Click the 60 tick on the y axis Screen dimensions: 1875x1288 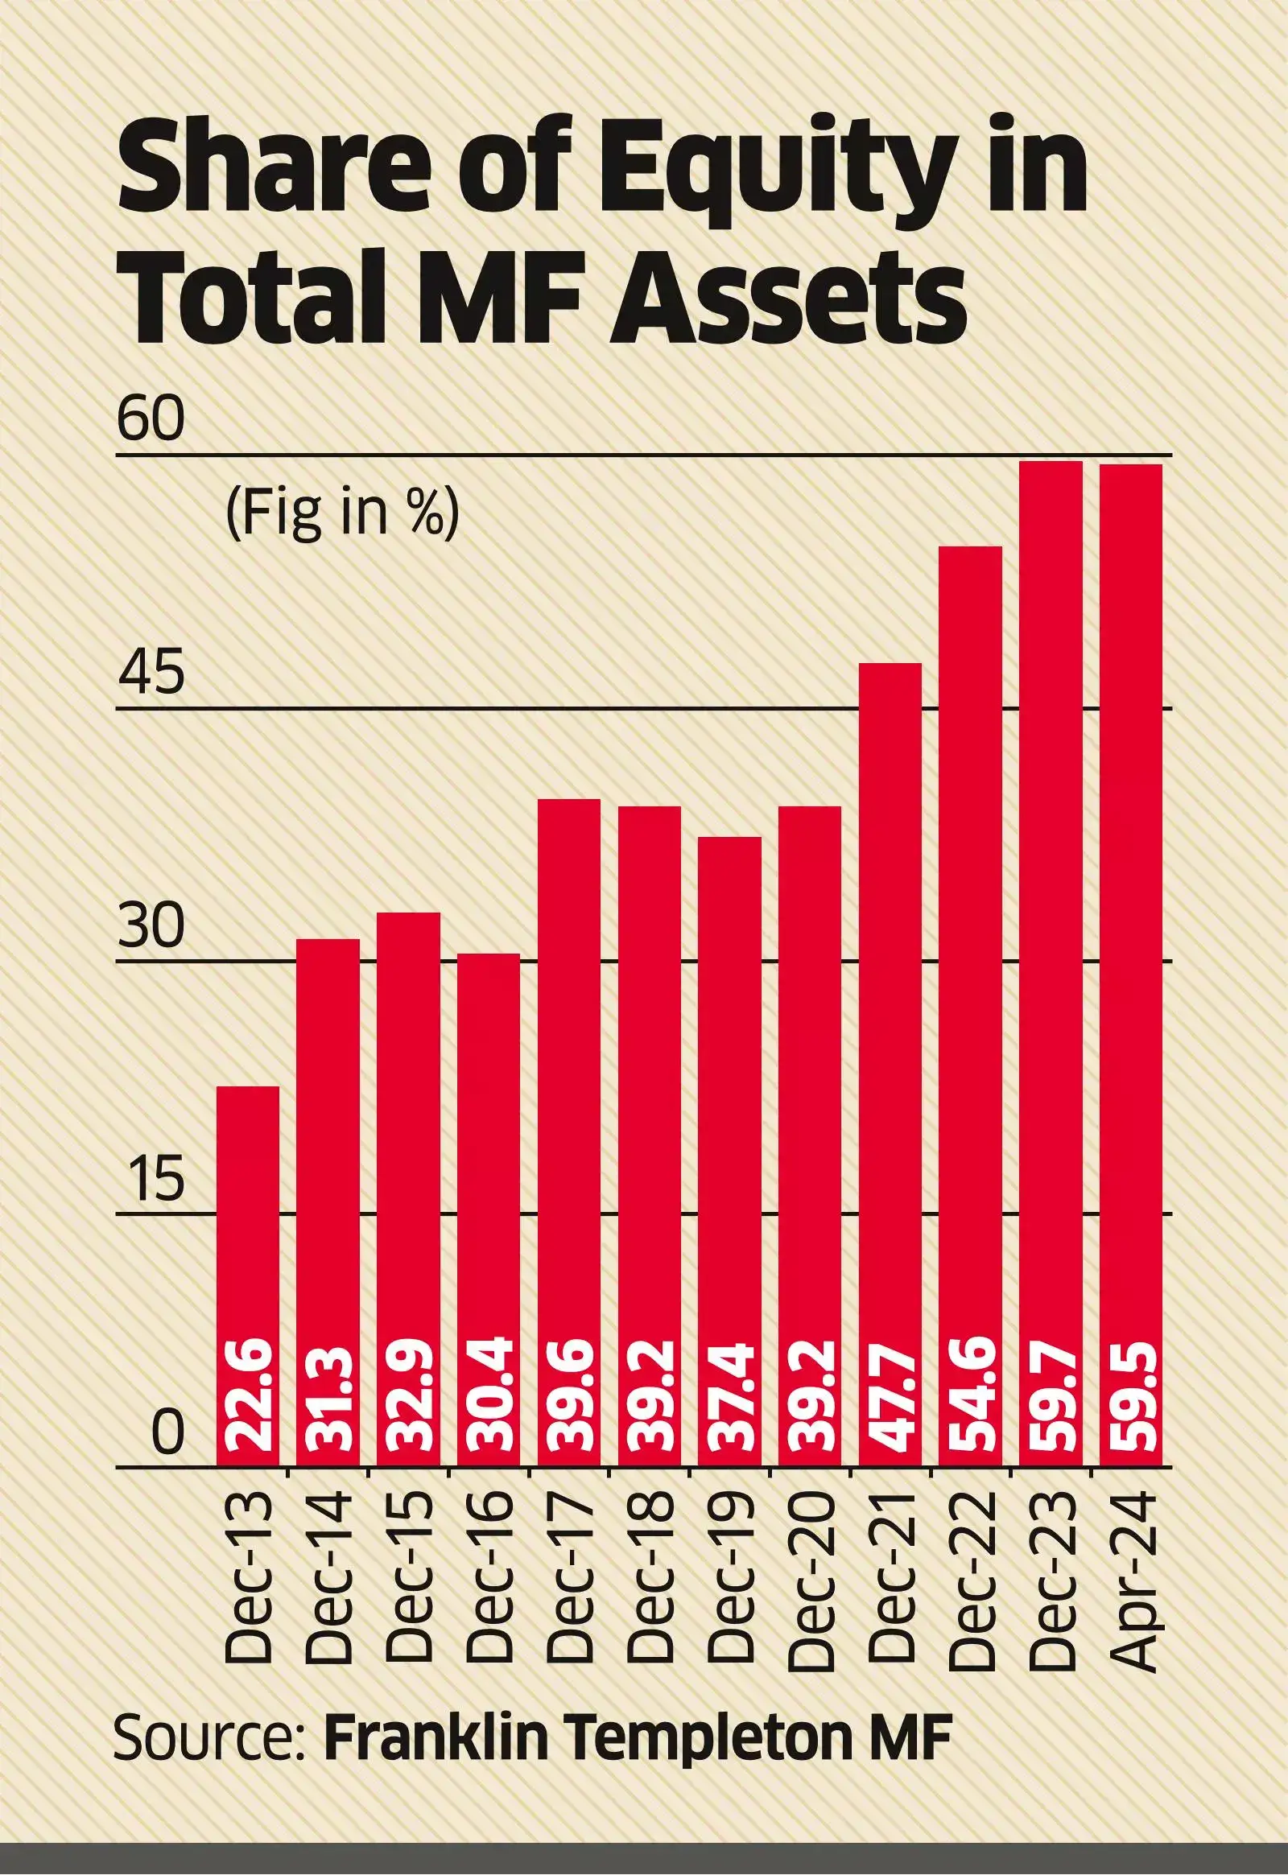(x=151, y=420)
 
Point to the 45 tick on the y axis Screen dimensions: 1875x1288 (x=151, y=674)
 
